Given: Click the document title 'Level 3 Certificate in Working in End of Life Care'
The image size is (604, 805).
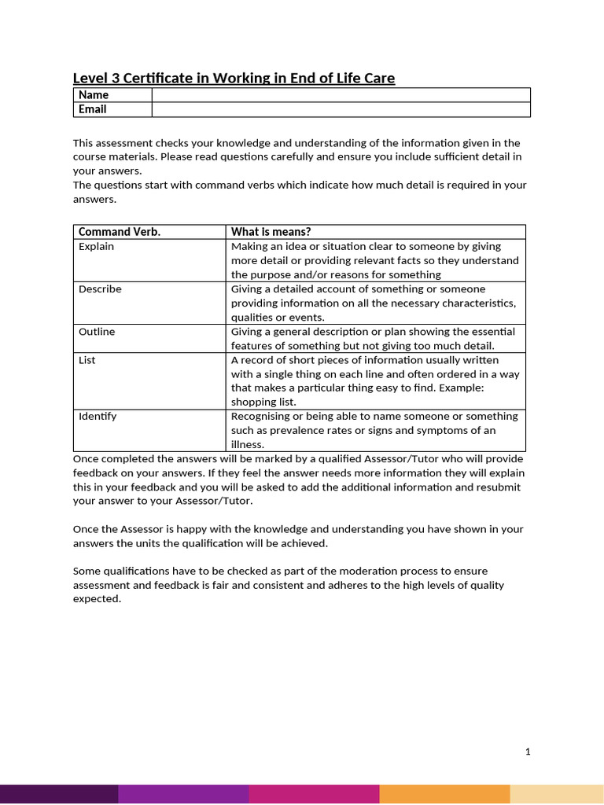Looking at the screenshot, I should click(234, 78).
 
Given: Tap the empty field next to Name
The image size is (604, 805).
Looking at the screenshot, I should click(341, 95).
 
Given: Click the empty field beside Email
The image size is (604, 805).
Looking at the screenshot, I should click(341, 109).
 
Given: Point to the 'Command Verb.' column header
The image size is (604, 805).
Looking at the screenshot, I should click(120, 232).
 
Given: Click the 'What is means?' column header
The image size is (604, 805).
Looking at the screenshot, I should click(271, 232).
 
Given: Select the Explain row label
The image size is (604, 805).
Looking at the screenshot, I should click(96, 247).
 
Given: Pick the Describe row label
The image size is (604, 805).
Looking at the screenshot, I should click(100, 289).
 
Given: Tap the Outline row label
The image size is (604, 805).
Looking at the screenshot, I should click(97, 332).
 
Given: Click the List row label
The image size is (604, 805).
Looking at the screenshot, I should click(87, 360).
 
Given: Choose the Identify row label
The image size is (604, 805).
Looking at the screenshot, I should click(98, 417).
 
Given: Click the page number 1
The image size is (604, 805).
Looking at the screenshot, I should click(528, 752).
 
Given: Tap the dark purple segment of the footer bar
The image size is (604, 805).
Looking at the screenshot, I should click(59, 794).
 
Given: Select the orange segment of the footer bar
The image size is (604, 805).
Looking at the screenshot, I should click(444, 794).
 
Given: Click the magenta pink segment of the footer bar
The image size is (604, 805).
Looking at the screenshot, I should click(315, 794).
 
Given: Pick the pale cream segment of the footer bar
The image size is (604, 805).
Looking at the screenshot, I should click(557, 794).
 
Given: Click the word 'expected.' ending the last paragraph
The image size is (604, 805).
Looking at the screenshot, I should click(97, 599).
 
